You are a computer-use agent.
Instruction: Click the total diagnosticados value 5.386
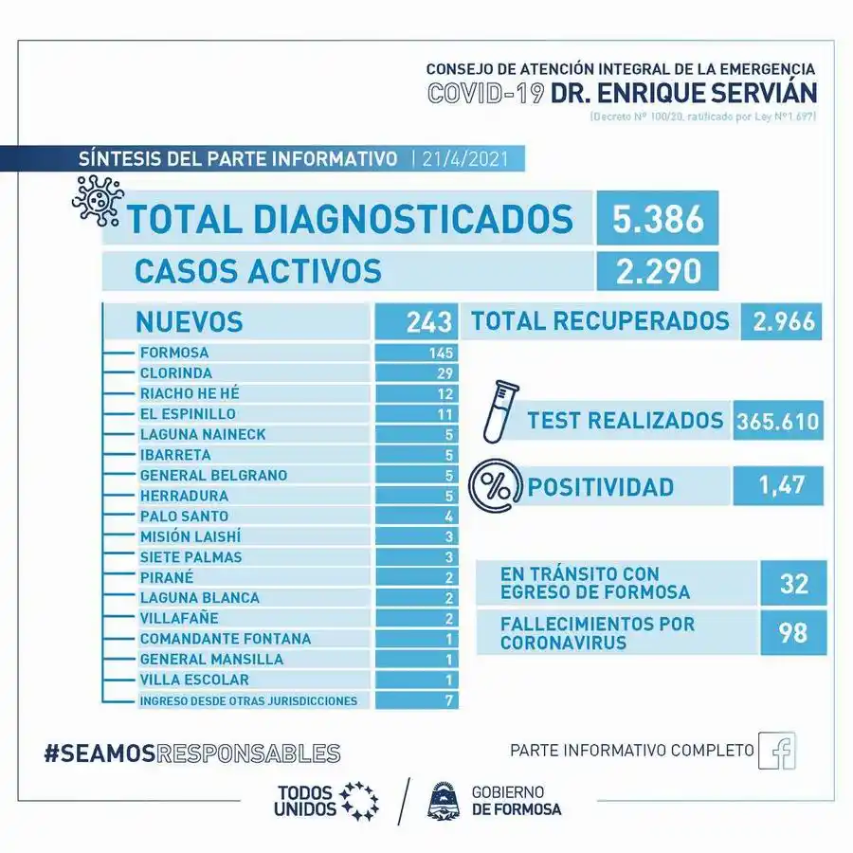(657, 218)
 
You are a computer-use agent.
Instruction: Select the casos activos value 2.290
(657, 270)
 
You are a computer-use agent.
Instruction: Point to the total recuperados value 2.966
(784, 321)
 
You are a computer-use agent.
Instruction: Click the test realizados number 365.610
(778, 421)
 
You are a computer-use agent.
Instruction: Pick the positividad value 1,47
(778, 486)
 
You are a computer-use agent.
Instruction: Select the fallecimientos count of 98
(793, 632)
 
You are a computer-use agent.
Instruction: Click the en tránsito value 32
(793, 583)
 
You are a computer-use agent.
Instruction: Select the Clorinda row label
(175, 373)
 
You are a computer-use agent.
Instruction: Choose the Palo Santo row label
(184, 517)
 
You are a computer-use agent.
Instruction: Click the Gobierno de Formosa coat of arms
(442, 800)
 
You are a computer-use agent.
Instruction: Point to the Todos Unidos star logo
(358, 801)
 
